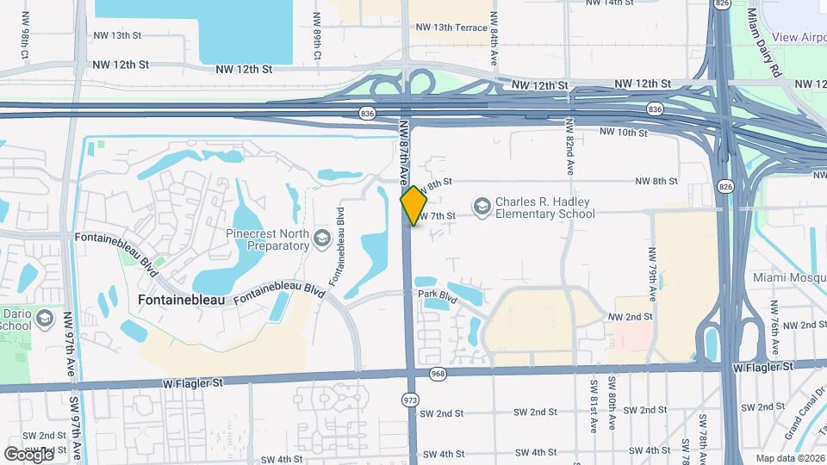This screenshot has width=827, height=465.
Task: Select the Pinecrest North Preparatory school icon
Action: coord(322,238)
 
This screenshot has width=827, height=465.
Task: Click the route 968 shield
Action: coord(438,374)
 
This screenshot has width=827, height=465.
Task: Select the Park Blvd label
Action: coord(436,294)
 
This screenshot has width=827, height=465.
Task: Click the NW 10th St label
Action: coord(623,133)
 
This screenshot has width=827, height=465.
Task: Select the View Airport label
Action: coord(799,37)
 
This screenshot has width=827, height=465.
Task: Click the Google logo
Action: coord(28,454)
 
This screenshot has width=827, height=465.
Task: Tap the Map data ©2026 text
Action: coord(789,458)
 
